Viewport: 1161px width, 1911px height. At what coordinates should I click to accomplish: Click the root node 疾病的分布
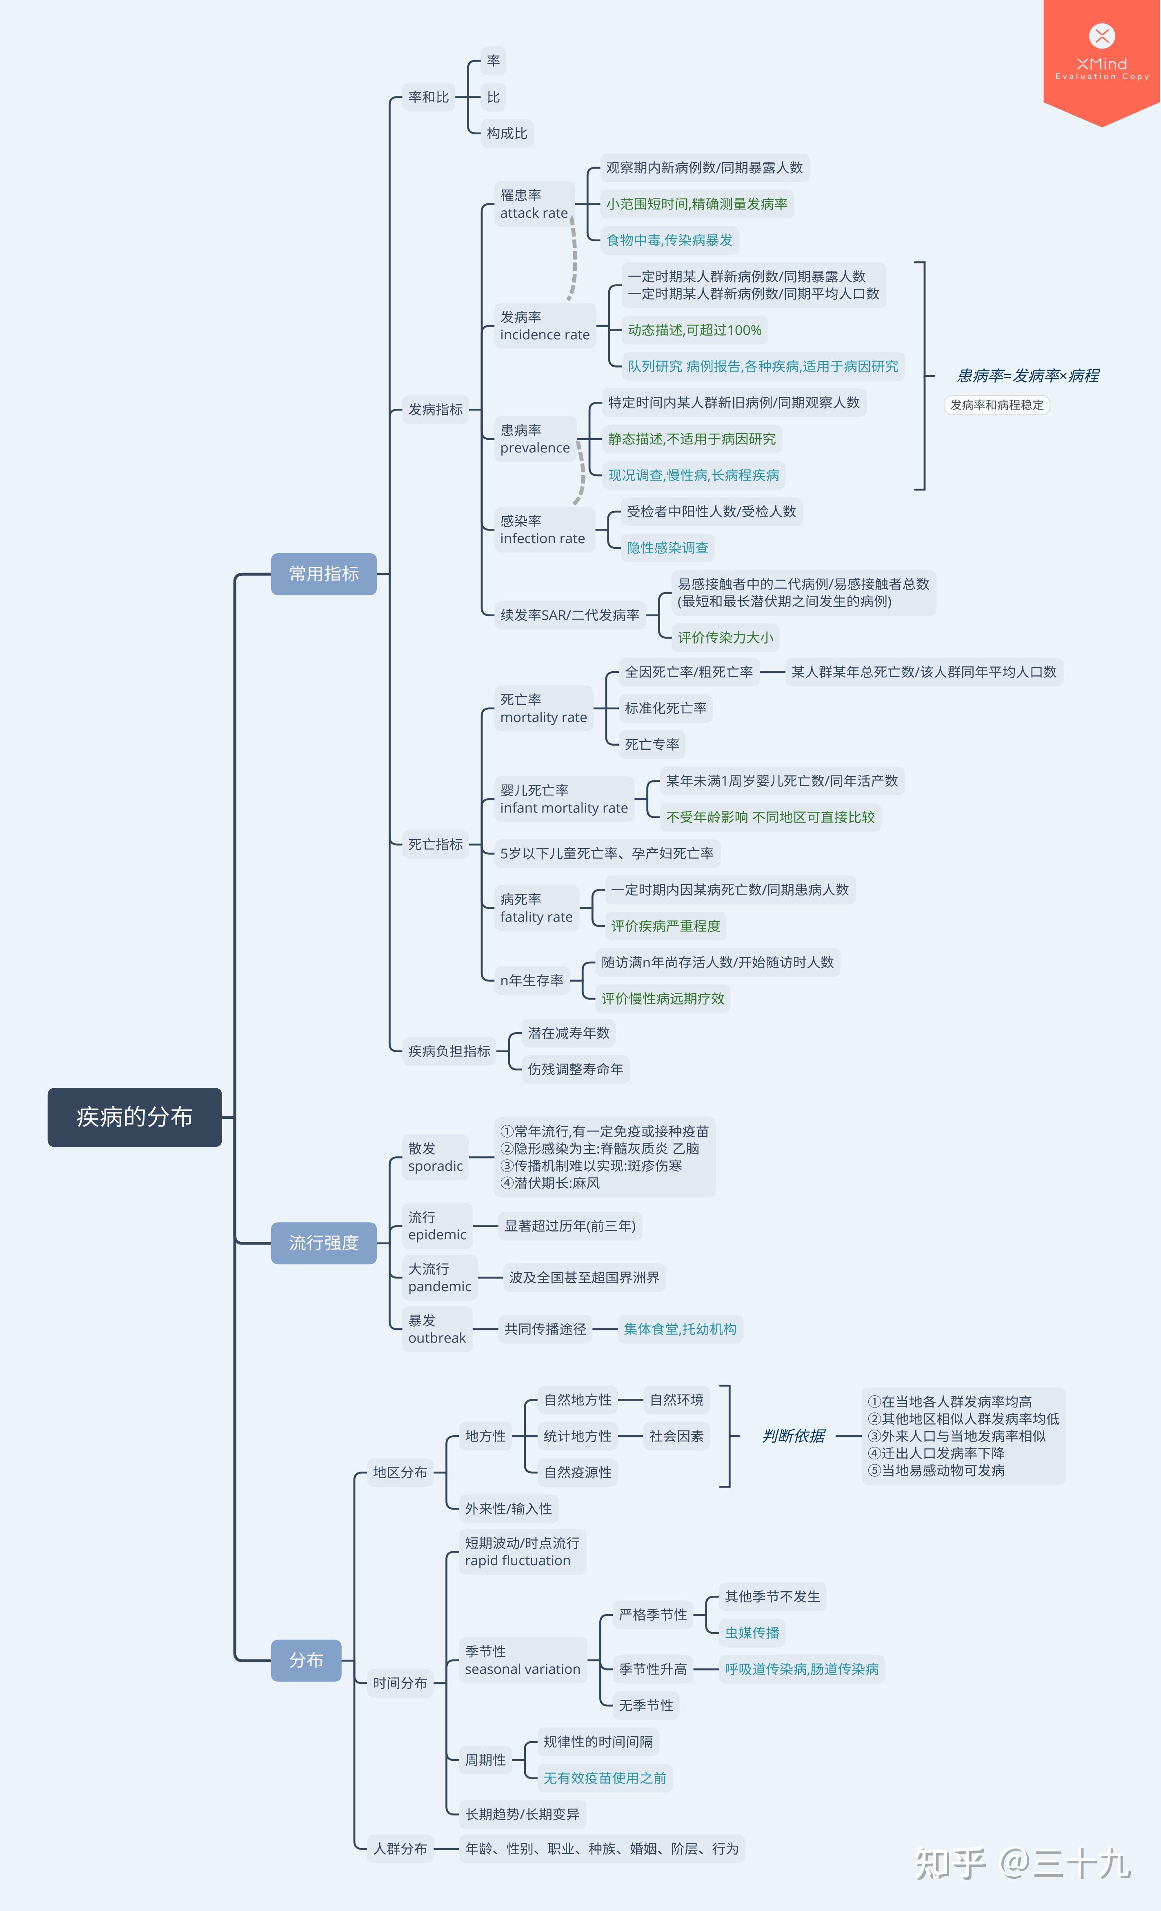[x=134, y=1117]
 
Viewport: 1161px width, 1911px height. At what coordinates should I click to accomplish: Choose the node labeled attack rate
[x=534, y=204]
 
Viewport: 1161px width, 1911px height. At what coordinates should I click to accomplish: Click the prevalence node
[x=535, y=439]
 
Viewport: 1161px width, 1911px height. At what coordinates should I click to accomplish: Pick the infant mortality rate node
[x=564, y=799]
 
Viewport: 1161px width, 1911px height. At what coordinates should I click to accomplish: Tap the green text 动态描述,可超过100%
[x=695, y=330]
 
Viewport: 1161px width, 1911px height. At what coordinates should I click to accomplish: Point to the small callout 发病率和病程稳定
[x=996, y=405]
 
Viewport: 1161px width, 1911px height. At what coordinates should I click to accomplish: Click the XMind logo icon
[x=1102, y=36]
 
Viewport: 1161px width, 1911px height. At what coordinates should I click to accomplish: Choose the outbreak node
[x=437, y=1329]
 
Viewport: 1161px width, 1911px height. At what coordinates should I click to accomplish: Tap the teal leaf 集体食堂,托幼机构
[x=680, y=1329]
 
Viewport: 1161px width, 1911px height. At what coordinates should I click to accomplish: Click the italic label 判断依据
[x=793, y=1437]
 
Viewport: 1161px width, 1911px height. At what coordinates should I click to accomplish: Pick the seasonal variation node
[x=523, y=1661]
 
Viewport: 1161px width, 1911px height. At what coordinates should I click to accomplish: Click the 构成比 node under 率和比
[x=507, y=134]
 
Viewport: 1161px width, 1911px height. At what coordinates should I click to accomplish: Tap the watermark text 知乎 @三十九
[x=1022, y=1864]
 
